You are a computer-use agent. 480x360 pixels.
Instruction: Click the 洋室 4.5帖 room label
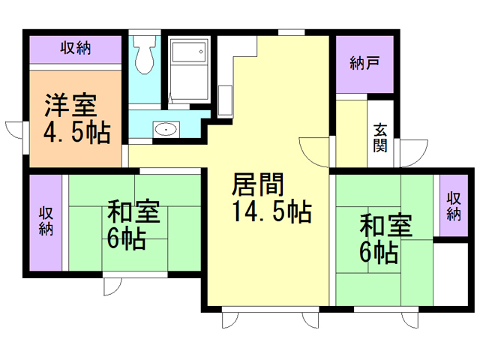[x=76, y=118]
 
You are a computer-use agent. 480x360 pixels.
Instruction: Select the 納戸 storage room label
[x=364, y=64]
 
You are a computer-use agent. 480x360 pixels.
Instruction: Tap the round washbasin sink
[x=165, y=130]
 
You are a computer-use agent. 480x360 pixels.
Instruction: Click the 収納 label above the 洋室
[x=76, y=49]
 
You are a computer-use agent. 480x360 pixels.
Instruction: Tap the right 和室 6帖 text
[x=385, y=238]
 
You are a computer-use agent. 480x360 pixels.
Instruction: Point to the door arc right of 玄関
[x=412, y=154]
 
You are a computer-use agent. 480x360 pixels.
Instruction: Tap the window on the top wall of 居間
[x=292, y=31]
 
